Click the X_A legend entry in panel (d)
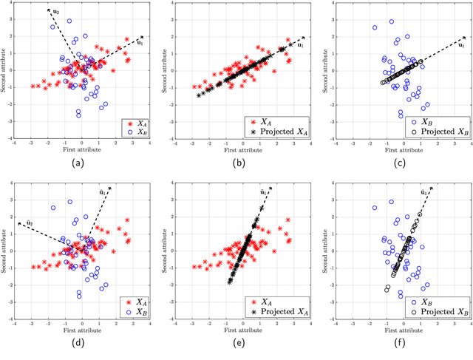click(x=135, y=303)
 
